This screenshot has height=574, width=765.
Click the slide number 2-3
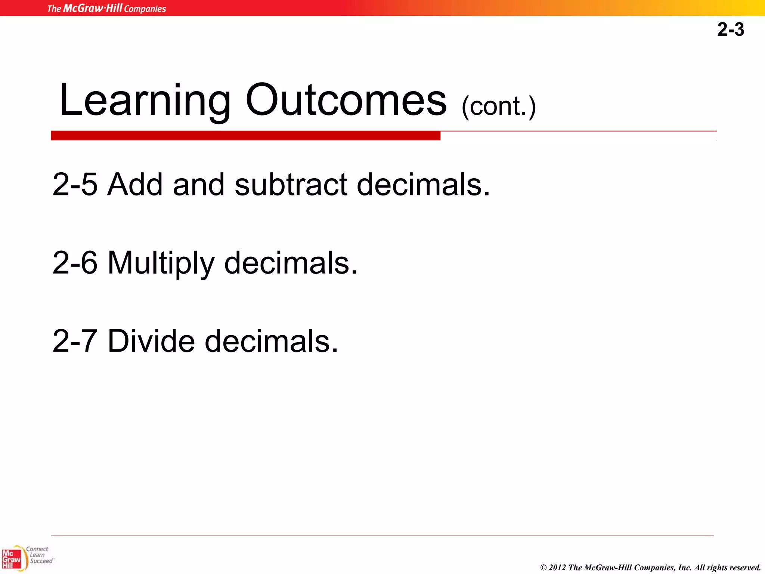pyautogui.click(x=730, y=30)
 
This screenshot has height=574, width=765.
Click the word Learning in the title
pyautogui.click(x=145, y=100)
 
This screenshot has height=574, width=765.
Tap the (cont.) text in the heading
pyautogui.click(x=499, y=107)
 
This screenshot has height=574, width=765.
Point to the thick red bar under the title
pyautogui.click(x=245, y=136)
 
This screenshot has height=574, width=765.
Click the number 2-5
pyautogui.click(x=75, y=184)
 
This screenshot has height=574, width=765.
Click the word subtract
pyautogui.click(x=291, y=184)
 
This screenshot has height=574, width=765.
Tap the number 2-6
pyautogui.click(x=75, y=263)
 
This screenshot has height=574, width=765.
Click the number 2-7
pyautogui.click(x=75, y=341)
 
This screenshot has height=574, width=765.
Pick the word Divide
pyautogui.click(x=151, y=341)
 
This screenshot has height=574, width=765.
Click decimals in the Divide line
pyautogui.click(x=271, y=341)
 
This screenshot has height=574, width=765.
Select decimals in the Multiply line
pyautogui.click(x=291, y=263)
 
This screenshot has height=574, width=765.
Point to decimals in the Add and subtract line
pyautogui.click(x=423, y=184)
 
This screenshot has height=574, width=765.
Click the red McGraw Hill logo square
pyautogui.click(x=11, y=559)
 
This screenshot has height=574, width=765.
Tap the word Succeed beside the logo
pyautogui.click(x=41, y=561)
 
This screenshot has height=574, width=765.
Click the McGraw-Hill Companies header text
pyautogui.click(x=106, y=8)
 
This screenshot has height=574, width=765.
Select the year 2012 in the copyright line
pyautogui.click(x=557, y=568)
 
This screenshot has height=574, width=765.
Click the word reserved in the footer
pyautogui.click(x=743, y=568)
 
